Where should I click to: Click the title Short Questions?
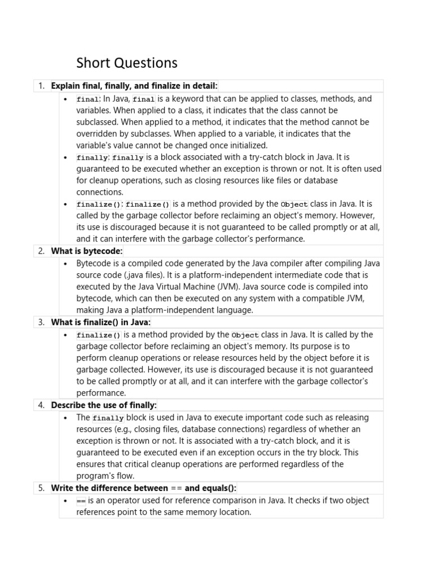click(x=127, y=63)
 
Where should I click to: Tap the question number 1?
click(x=41, y=86)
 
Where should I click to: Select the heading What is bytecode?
click(x=87, y=251)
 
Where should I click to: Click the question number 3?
click(x=41, y=322)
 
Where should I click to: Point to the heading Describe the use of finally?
click(x=104, y=405)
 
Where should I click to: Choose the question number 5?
click(x=41, y=488)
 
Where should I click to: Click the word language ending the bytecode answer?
click(x=237, y=310)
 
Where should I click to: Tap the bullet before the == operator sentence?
click(x=67, y=501)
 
